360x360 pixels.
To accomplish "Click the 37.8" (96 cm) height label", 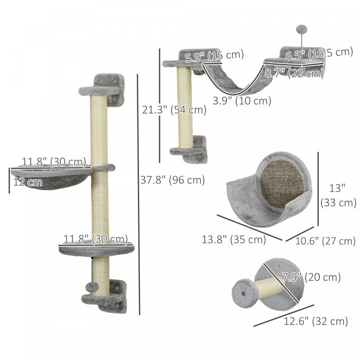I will coord(172,180).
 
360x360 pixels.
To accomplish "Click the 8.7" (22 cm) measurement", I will coord(294,73).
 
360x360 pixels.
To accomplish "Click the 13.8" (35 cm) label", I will coord(233,239).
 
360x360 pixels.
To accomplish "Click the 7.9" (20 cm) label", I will coord(311,278).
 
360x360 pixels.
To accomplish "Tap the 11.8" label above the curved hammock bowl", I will coord(54,162).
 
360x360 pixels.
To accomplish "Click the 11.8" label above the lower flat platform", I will coord(95,239).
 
